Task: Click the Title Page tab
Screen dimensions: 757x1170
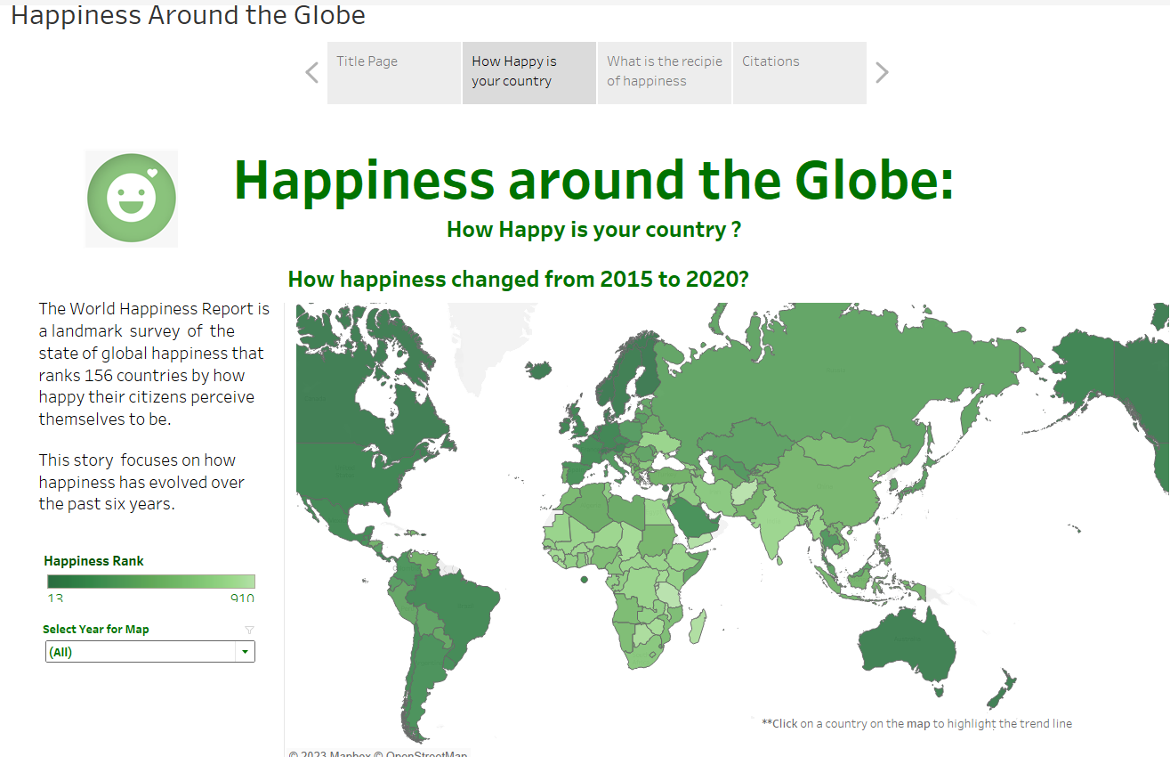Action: [x=393, y=72]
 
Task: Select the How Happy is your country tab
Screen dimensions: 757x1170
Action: [x=529, y=72]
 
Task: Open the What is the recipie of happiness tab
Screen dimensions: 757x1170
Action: [x=664, y=72]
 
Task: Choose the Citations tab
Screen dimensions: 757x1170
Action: [x=799, y=72]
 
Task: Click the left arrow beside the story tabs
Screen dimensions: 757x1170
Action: [x=311, y=73]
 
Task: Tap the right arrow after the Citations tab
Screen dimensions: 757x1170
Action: [x=882, y=73]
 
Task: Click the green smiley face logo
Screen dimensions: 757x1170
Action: [x=132, y=199]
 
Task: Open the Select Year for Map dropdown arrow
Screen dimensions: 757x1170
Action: [x=245, y=652]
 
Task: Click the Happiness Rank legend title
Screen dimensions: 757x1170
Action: [x=93, y=561]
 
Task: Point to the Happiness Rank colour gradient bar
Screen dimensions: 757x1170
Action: [x=150, y=582]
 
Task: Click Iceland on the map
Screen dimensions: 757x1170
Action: [x=539, y=369]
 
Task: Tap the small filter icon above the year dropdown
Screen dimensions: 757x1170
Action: [x=249, y=630]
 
